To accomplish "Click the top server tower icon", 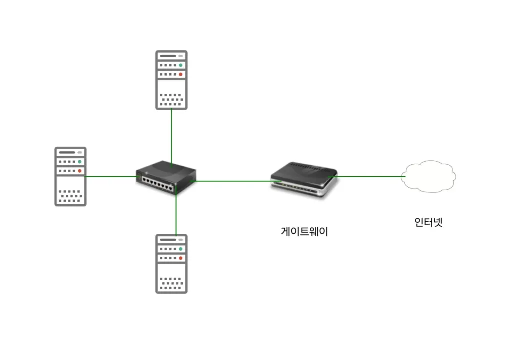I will point(171,80).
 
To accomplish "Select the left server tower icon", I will point(70,176).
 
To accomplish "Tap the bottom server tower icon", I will point(171,264).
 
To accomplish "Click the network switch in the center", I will point(166,177).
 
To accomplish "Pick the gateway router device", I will point(303,180).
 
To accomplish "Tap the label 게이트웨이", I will point(305,232).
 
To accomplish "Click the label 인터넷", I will point(429,222).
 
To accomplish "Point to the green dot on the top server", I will point(181,65).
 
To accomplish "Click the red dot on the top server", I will point(181,74).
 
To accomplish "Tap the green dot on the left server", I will point(80,162).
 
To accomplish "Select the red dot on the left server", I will point(80,171).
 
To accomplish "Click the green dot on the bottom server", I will point(181,249).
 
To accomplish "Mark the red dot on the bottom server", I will point(181,258).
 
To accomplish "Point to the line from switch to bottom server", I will point(176,215).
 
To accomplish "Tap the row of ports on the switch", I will point(158,182).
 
